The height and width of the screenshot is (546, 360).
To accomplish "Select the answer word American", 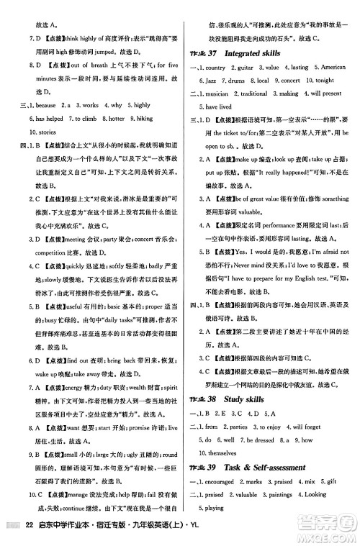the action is [x=330, y=68].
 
